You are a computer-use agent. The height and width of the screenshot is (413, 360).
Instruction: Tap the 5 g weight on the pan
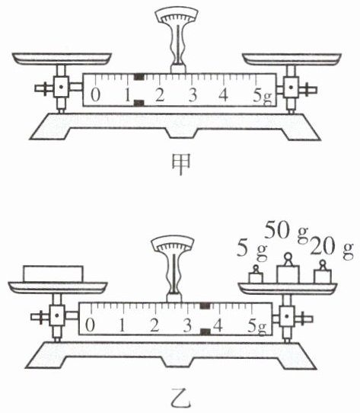pos(256,275)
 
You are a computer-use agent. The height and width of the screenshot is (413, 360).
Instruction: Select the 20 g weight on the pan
pos(323,273)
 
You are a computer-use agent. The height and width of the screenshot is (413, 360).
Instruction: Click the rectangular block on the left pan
pos(53,274)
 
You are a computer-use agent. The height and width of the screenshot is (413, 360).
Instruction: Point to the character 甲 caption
pos(181,164)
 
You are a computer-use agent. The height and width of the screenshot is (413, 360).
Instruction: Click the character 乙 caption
pos(180,398)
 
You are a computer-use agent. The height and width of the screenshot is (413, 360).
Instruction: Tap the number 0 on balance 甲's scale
pos(96,94)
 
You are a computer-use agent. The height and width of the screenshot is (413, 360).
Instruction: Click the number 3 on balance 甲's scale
pos(193,94)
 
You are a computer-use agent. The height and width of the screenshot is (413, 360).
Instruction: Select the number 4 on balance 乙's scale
pos(218,325)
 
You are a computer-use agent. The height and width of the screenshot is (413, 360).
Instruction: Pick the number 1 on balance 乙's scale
pos(122,325)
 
